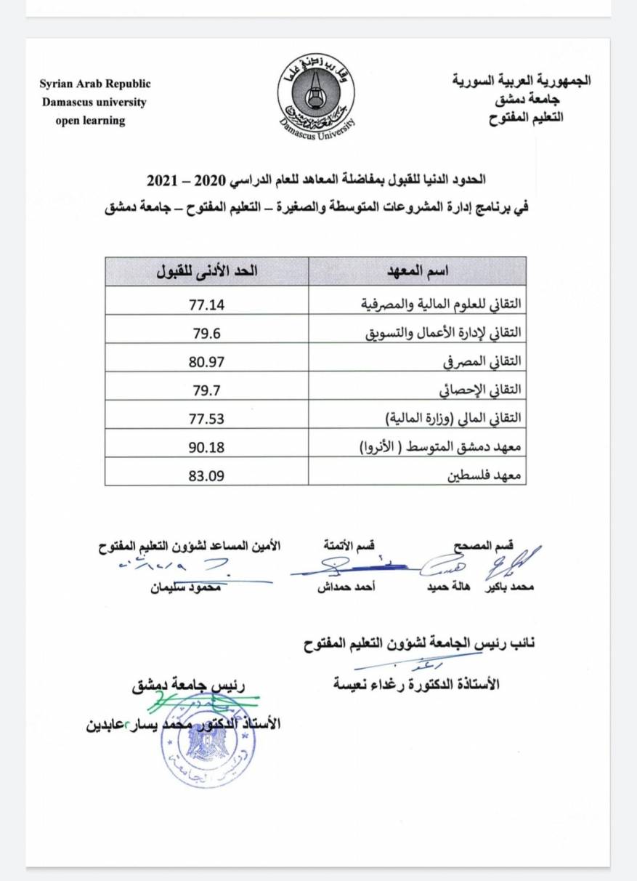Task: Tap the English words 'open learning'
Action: pos(91,121)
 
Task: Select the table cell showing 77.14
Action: pos(207,300)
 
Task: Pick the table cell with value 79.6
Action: pos(207,329)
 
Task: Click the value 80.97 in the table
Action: pos(207,358)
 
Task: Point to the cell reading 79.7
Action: pos(207,387)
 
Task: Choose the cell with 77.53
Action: pos(207,417)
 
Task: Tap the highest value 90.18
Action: pos(207,445)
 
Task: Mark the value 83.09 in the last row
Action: pos(207,474)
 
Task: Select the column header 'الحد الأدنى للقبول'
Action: pos(207,271)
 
